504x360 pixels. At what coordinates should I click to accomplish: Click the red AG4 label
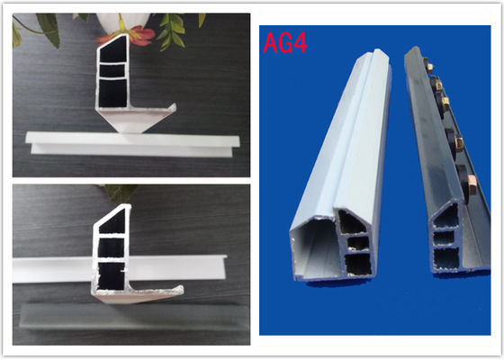click(285, 43)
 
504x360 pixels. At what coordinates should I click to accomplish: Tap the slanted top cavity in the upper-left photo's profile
click(113, 49)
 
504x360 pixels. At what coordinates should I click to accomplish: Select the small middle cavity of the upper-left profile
click(112, 71)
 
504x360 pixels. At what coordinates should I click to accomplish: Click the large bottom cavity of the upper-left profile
click(112, 93)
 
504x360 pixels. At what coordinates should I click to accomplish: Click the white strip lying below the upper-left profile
click(132, 144)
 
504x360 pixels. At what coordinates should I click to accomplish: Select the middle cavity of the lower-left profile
click(112, 247)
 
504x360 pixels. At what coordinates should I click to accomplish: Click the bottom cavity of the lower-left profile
click(112, 276)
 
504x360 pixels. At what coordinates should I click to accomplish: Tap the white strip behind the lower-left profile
click(119, 268)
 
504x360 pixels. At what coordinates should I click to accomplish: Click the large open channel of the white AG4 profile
click(316, 249)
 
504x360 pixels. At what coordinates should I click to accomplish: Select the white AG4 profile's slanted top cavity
click(351, 221)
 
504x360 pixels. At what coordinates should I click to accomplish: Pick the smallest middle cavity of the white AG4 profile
click(358, 243)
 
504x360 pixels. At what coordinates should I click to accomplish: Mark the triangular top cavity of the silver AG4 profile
click(447, 217)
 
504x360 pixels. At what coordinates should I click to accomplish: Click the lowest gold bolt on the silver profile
click(472, 184)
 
